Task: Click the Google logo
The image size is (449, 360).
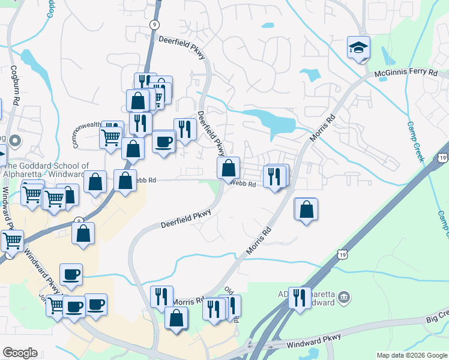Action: (x=20, y=353)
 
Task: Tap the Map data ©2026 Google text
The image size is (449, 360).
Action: (x=412, y=355)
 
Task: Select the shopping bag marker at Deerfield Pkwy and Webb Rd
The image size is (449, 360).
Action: (x=228, y=168)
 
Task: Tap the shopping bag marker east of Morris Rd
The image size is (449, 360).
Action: (x=306, y=209)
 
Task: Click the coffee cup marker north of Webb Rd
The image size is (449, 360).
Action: (x=164, y=142)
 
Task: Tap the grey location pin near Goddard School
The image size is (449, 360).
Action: (x=16, y=142)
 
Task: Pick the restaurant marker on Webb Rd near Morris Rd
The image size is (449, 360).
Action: (x=273, y=176)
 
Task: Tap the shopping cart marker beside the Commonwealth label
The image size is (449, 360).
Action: (x=111, y=137)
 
